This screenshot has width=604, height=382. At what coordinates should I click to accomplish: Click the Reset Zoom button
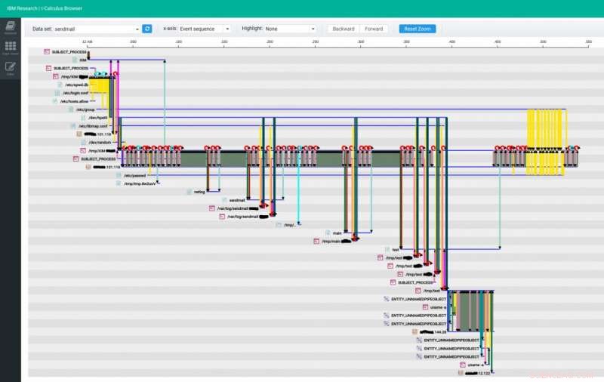click(x=417, y=29)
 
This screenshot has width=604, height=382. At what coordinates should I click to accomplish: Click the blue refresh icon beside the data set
click(x=147, y=29)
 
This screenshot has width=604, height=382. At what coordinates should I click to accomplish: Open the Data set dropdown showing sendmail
click(x=97, y=29)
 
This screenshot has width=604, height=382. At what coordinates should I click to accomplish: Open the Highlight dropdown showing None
click(x=290, y=29)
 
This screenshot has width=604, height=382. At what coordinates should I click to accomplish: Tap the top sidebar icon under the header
click(x=11, y=27)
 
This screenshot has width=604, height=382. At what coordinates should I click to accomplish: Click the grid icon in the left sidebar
click(x=11, y=48)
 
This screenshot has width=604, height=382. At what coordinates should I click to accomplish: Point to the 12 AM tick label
click(x=88, y=42)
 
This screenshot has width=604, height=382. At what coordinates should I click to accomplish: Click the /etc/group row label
click(x=86, y=109)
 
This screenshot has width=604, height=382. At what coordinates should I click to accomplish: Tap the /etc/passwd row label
click(x=134, y=175)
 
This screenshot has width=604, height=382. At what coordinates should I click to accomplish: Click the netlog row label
click(x=199, y=192)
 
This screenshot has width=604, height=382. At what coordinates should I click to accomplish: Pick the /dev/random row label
click(x=100, y=142)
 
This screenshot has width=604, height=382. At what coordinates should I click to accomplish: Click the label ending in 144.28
click(x=435, y=331)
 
